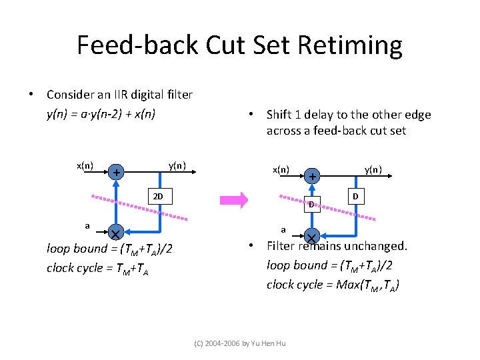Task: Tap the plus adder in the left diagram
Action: pos(116,173)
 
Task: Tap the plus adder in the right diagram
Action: pos(311,177)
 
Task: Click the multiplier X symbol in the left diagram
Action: pos(115,233)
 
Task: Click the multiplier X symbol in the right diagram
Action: pos(311,237)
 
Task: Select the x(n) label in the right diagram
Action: pos(281,169)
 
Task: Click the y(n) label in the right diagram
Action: pos(373,169)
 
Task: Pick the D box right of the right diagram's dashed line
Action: pos(355,197)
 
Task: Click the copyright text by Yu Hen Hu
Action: pos(239,343)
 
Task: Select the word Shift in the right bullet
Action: pos(280,115)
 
